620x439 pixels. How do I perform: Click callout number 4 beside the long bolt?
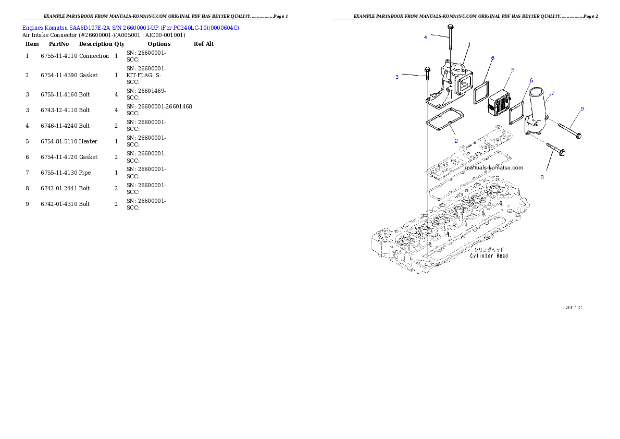pos(426,37)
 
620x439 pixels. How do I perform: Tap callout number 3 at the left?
pos(397,77)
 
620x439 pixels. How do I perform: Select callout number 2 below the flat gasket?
pos(456,141)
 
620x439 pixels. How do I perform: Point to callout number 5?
pos(513,69)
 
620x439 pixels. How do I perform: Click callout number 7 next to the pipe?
pos(553,92)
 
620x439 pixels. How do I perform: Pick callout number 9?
pos(582,108)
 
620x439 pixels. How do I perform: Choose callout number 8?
pos(542,177)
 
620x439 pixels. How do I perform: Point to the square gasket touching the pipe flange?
pos(516,113)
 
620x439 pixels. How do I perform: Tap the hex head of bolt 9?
pos(578,136)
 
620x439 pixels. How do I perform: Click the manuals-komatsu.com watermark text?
pos(494,168)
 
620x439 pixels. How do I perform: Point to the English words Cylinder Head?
pos(489,256)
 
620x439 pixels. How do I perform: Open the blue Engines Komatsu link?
pos(130,28)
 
